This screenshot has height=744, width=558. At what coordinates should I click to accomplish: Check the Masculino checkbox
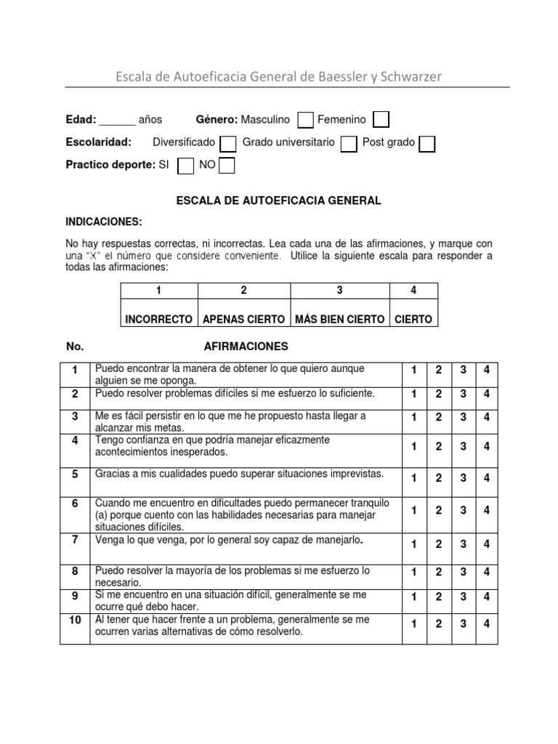[306, 120]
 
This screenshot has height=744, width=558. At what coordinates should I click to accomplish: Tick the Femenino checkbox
[381, 120]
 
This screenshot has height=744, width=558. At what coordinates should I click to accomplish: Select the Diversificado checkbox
[227, 143]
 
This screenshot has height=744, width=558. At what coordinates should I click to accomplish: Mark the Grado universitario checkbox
[349, 143]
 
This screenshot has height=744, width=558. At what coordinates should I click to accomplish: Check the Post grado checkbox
[427, 143]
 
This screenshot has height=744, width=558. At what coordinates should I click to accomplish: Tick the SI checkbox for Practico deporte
[186, 166]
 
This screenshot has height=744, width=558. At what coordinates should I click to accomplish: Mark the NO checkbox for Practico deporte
[227, 166]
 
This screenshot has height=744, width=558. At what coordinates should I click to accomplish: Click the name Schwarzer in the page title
[406, 76]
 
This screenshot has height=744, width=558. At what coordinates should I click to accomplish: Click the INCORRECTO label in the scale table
[159, 319]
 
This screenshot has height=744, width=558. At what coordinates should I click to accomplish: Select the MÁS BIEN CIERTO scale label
[339, 319]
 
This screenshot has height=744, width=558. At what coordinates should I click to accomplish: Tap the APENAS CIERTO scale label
[243, 319]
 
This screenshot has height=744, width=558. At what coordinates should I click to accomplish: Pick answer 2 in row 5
[438, 477]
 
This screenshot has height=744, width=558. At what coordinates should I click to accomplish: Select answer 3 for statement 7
[462, 543]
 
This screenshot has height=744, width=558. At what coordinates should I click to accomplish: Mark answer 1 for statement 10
[413, 623]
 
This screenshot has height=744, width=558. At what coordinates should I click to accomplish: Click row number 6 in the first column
[74, 504]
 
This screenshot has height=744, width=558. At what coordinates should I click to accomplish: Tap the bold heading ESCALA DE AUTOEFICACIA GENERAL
[279, 201]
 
